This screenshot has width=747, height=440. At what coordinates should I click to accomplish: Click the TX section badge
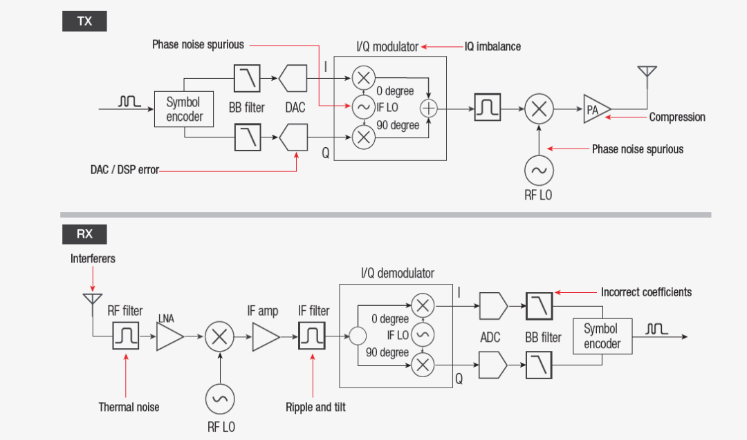tap(84, 21)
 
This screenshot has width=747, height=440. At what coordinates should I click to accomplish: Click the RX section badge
tap(84, 234)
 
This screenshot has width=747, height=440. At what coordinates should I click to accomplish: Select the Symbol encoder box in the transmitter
tap(184, 109)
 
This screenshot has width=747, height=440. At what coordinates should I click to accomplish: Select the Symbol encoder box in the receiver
tap(602, 336)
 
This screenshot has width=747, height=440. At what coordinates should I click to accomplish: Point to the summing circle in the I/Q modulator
tap(429, 108)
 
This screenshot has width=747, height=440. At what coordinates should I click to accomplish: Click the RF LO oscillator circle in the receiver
tap(221, 399)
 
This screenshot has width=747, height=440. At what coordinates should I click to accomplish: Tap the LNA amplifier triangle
tap(169, 336)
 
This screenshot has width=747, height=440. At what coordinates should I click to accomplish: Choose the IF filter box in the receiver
tap(312, 336)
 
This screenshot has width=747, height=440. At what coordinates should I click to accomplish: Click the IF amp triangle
tap(265, 336)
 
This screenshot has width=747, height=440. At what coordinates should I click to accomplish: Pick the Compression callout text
tap(676, 117)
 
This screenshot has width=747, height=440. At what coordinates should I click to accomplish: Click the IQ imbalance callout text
tap(492, 47)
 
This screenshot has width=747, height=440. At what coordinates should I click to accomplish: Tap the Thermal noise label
tap(129, 407)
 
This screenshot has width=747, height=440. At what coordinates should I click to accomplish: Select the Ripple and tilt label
tap(315, 407)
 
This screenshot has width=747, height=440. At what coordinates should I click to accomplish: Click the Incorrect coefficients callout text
tap(646, 292)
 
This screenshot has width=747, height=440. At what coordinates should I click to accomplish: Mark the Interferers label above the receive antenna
tap(93, 258)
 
